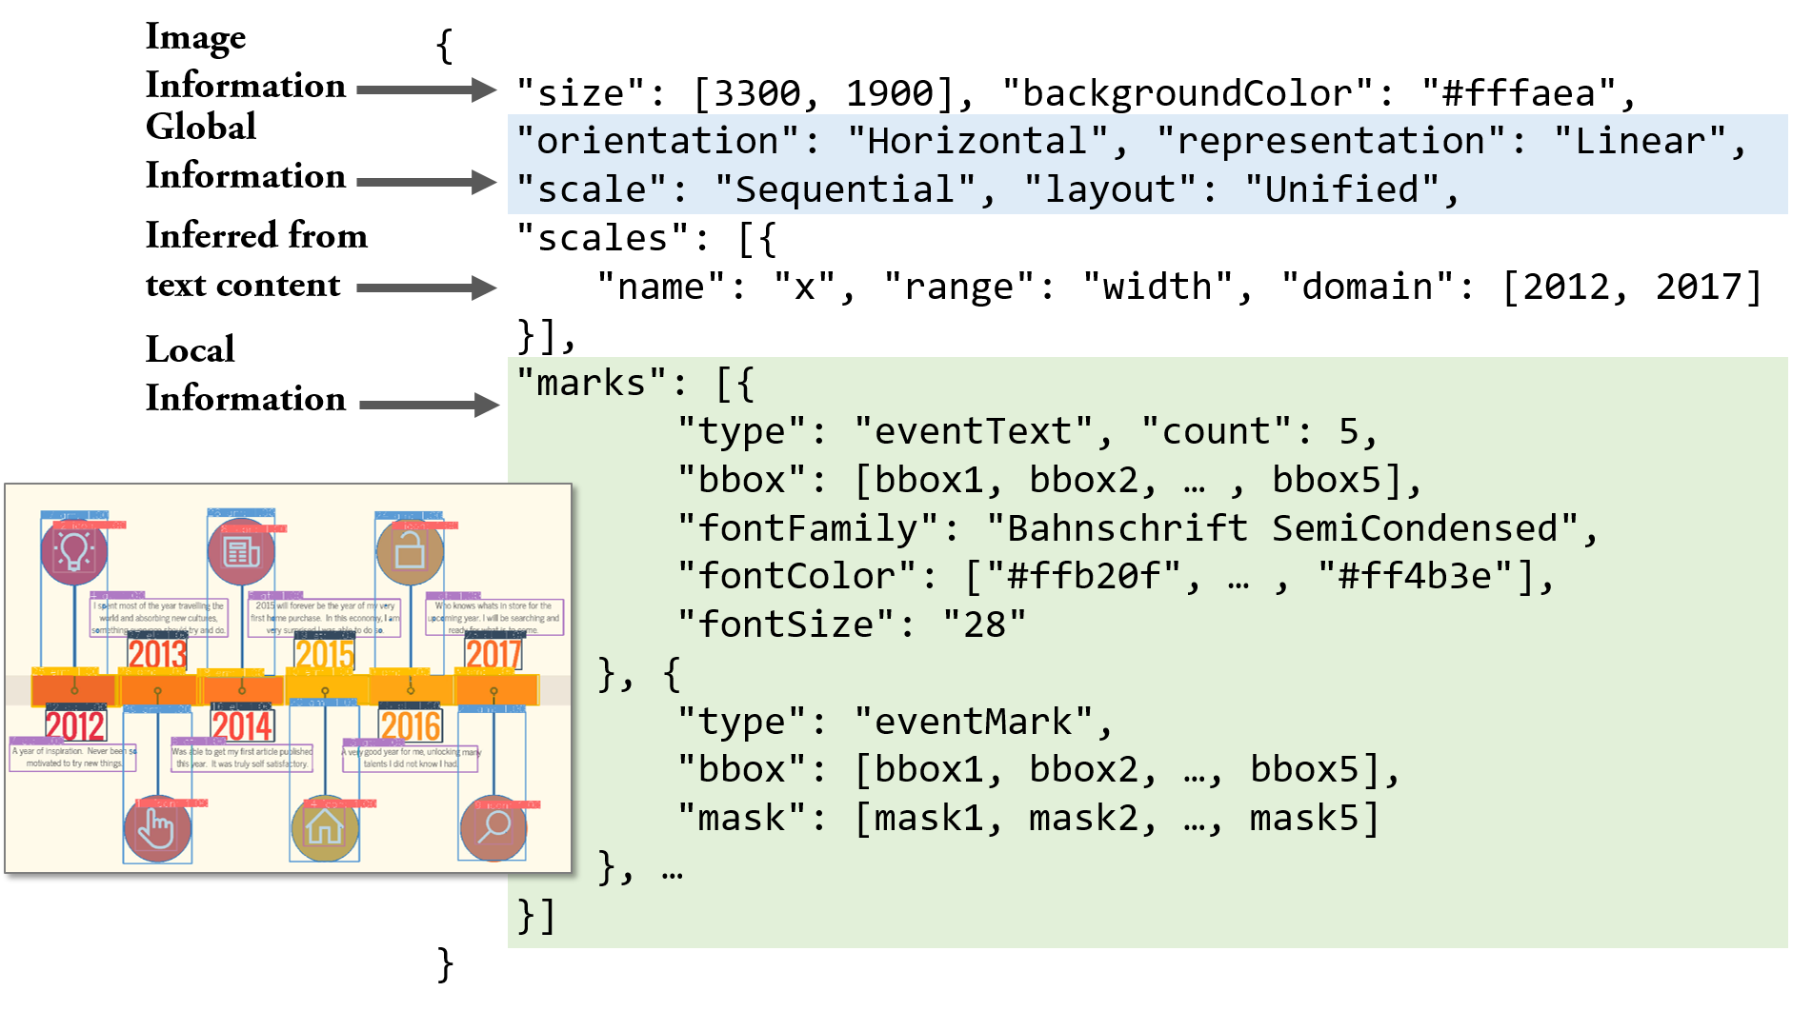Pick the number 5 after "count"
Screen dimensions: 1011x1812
(1348, 432)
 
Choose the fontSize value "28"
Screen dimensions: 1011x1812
(984, 625)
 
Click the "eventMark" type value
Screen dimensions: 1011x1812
(973, 723)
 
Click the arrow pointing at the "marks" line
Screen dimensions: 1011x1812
(429, 406)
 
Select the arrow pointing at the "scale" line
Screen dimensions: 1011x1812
(426, 182)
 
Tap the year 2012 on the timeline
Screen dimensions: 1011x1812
(75, 726)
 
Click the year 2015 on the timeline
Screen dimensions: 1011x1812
(324, 654)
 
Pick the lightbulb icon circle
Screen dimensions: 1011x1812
(74, 551)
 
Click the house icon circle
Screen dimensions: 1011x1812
(324, 827)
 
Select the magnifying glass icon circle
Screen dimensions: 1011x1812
(493, 827)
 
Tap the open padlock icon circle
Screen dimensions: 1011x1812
(410, 551)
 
